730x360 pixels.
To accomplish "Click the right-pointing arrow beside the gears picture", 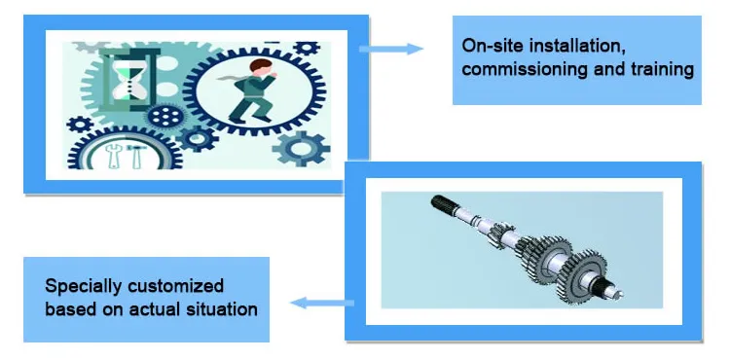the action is [391, 49].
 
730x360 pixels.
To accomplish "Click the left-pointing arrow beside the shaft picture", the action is [322, 303].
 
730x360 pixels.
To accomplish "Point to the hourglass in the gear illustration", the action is [129, 76].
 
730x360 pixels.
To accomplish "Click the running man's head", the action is [261, 66].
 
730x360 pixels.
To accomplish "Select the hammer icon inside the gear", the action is [137, 156].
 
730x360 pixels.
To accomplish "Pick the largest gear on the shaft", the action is [582, 275].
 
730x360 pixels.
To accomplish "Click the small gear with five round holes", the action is [165, 117].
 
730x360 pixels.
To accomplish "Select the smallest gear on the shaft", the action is [500, 235].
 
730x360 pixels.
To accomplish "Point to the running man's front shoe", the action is [237, 121].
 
